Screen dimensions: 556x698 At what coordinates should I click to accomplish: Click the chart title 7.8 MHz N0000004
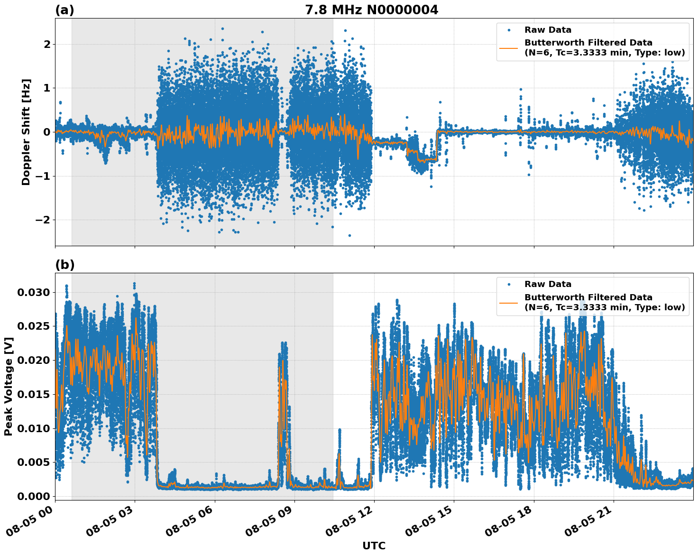(x=371, y=10)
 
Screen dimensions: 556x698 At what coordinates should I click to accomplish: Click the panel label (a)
(x=64, y=10)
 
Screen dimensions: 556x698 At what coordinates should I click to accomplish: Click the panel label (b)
(x=64, y=265)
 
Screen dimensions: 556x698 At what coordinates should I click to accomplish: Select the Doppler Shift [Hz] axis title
(x=26, y=132)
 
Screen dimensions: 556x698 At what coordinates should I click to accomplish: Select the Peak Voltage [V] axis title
(x=8, y=386)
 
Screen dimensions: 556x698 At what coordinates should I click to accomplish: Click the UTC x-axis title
(x=374, y=546)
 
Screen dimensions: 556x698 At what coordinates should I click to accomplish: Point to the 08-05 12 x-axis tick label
(x=349, y=521)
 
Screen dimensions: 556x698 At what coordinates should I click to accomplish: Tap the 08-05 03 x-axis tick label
(x=110, y=521)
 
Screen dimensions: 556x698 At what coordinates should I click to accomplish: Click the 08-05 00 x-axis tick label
(x=30, y=521)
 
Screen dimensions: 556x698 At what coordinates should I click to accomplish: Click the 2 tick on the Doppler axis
(x=47, y=44)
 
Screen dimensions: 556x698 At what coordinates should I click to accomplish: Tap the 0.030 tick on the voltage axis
(x=33, y=292)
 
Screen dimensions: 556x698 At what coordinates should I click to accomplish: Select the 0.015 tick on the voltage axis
(x=33, y=394)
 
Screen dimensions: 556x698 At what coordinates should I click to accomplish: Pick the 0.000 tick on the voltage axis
(x=33, y=496)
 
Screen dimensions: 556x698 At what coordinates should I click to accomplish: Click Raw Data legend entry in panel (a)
(x=548, y=30)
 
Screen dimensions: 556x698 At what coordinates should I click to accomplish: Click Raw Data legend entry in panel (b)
(x=548, y=284)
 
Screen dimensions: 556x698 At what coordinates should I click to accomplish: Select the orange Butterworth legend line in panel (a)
(x=509, y=47)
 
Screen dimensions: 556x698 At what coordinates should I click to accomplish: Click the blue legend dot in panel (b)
(x=509, y=284)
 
